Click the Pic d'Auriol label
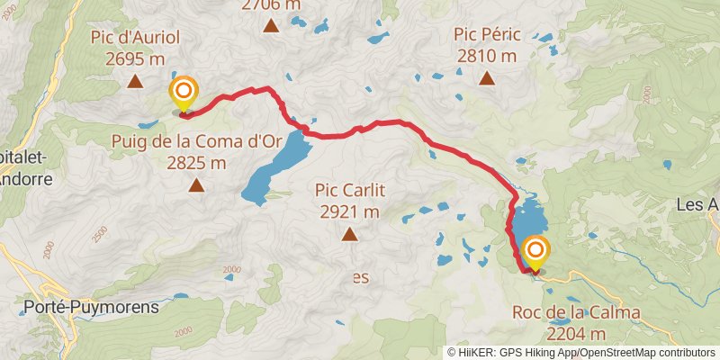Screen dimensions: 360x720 point(135,38)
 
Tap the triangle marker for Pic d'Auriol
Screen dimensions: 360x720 point(135,82)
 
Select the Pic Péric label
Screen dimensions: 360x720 point(487,34)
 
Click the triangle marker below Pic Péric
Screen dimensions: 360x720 point(487,78)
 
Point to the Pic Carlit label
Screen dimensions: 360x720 point(348,190)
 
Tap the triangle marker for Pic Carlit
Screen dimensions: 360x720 point(348,235)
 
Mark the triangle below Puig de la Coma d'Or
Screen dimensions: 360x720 point(196,185)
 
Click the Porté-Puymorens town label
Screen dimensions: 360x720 point(92,307)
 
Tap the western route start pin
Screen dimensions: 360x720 point(184,92)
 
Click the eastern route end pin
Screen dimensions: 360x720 point(535,251)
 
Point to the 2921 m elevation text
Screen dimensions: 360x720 point(348,212)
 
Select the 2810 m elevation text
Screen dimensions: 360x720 point(487,56)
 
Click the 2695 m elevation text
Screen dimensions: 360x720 point(135,59)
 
